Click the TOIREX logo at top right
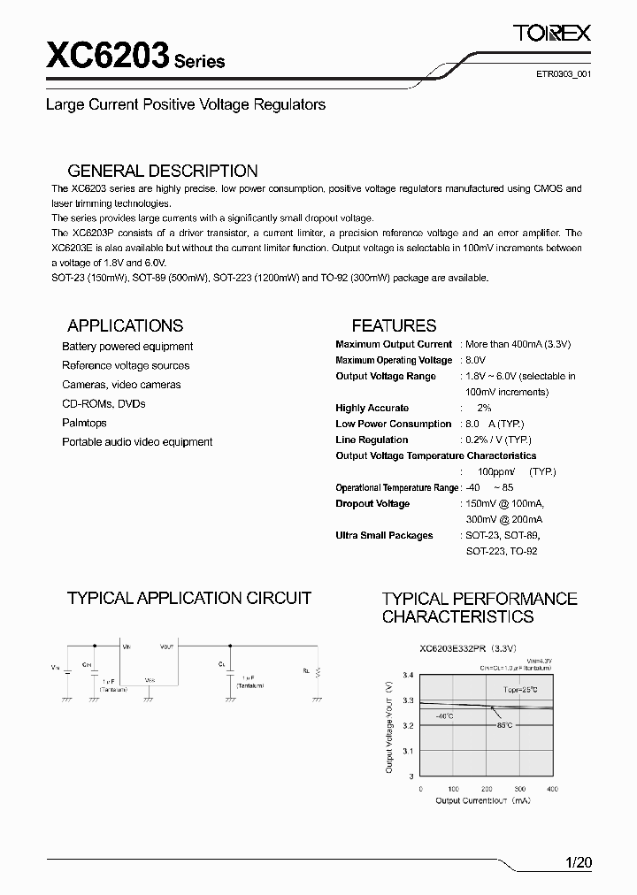[552, 34]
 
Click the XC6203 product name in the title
[107, 57]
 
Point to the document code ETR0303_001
[562, 75]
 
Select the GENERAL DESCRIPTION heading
[163, 172]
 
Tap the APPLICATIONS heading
[125, 325]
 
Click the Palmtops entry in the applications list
[84, 423]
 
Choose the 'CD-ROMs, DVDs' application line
[104, 403]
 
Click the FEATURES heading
[394, 325]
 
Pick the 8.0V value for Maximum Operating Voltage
[475, 360]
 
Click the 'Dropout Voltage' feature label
[372, 503]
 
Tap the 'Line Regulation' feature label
[372, 440]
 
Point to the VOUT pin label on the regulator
[167, 647]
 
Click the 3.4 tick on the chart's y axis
[408, 675]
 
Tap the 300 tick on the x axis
[519, 788]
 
